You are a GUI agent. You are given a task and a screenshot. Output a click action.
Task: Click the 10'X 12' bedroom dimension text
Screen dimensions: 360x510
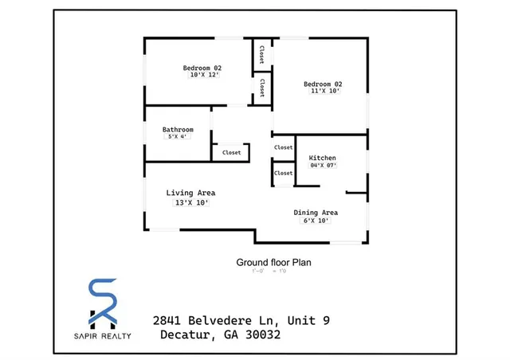(x=202, y=76)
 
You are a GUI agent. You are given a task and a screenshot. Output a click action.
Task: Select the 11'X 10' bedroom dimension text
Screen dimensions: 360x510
(x=325, y=92)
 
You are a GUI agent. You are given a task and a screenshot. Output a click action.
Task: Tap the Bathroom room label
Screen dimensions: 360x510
(x=178, y=129)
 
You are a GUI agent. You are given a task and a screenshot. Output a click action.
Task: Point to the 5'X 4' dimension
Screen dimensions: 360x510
(x=177, y=137)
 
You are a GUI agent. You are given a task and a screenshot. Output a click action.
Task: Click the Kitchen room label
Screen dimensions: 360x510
(x=323, y=158)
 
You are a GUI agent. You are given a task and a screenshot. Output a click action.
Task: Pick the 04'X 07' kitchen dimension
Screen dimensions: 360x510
(x=323, y=166)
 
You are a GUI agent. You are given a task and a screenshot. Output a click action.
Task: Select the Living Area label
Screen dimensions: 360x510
(x=190, y=193)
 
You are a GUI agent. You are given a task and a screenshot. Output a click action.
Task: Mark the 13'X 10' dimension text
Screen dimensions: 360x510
(x=190, y=203)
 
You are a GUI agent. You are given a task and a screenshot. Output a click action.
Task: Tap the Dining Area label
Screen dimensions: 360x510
(x=316, y=213)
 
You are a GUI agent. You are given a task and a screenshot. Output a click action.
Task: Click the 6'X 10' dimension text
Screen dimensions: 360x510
(x=316, y=221)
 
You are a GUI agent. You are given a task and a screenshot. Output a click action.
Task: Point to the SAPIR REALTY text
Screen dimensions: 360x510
(x=104, y=335)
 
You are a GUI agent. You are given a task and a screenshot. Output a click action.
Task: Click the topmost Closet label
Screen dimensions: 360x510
(x=261, y=55)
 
